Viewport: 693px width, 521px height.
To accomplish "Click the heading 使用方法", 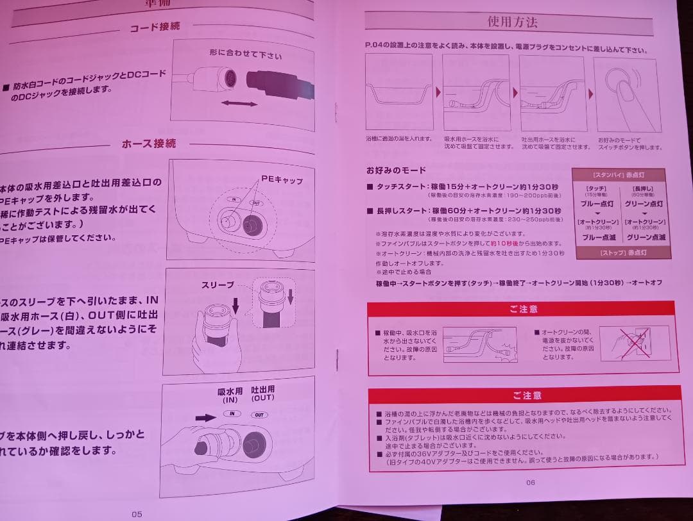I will pyautogui.click(x=512, y=22).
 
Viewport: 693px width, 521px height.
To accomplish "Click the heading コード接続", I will pyautogui.click(x=155, y=28).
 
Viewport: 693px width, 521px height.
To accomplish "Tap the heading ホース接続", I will pyautogui.click(x=148, y=144).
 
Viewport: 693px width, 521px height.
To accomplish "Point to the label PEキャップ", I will pyautogui.click(x=282, y=181).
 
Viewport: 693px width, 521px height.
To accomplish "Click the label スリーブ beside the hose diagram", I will pyautogui.click(x=218, y=285).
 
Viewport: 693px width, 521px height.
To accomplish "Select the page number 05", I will pyautogui.click(x=136, y=513).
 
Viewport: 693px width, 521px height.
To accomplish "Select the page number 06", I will pyautogui.click(x=530, y=483).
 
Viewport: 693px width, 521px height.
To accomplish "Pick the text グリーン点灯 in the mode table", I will pyautogui.click(x=644, y=204).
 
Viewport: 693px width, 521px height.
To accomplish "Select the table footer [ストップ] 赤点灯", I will pyautogui.click(x=620, y=252).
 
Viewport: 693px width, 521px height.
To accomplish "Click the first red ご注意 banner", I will pyautogui.click(x=522, y=309).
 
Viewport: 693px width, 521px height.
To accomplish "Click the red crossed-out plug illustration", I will pyautogui.click(x=632, y=343).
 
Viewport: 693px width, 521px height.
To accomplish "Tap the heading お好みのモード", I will pyautogui.click(x=396, y=170).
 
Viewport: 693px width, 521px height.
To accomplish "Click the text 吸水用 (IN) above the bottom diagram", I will pyautogui.click(x=231, y=394).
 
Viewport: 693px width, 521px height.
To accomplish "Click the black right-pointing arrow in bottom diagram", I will pyautogui.click(x=205, y=417).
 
